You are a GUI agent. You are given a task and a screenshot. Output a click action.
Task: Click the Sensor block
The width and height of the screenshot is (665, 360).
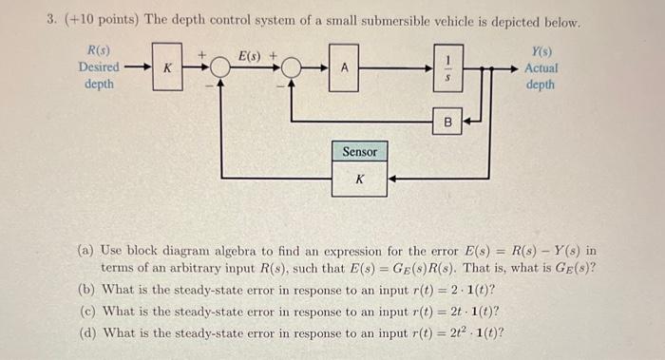(359, 152)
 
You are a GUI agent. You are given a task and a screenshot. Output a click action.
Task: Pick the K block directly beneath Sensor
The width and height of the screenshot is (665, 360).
(359, 179)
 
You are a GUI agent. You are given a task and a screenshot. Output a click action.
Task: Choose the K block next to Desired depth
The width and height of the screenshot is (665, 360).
(166, 67)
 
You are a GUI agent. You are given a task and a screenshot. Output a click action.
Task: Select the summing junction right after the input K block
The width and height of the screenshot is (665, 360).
(219, 68)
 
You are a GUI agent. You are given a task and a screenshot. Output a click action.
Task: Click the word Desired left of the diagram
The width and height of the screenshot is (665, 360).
(99, 67)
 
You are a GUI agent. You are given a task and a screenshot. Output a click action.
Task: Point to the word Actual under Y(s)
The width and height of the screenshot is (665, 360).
(541, 67)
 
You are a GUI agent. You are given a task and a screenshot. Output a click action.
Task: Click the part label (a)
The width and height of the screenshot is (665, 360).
(86, 251)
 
